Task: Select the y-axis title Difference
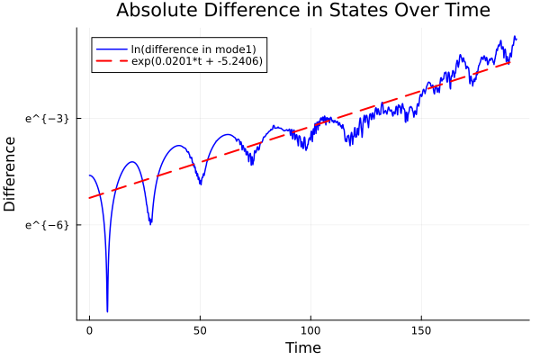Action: coord(11,174)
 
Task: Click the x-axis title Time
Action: coord(302,347)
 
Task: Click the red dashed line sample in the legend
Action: coord(111,61)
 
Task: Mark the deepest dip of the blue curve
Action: coord(107,311)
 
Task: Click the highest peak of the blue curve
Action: coord(515,37)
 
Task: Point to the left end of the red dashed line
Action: coord(90,197)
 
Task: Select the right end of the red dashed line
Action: coord(510,62)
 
